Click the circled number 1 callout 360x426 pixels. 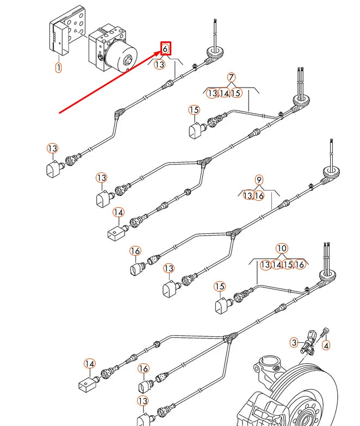point(58,68)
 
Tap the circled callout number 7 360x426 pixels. point(231,77)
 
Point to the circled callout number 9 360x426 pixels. point(259,180)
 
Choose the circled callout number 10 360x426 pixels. point(281,249)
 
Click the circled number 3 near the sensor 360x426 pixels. point(294,343)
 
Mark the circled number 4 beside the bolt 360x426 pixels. point(326,345)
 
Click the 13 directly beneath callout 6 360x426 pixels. point(159,64)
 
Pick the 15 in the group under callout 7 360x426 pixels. point(236,93)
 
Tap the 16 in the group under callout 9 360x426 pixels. point(259,195)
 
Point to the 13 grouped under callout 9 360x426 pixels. point(248,195)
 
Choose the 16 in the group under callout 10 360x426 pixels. point(300,264)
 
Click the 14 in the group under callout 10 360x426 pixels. point(277,264)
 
